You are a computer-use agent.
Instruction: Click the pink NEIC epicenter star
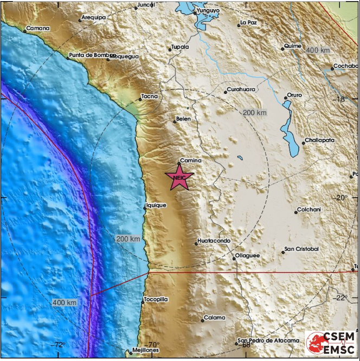pos(179,178)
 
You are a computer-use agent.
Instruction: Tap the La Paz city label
pos(248,23)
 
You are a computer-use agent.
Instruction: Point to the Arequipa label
pos(93,17)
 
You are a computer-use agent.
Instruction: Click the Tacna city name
pos(149,96)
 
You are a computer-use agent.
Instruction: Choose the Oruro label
pos(295,95)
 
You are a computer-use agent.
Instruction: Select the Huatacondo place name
pos(215,240)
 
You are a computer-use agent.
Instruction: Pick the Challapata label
pos(319,140)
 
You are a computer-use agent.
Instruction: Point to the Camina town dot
pos(179,163)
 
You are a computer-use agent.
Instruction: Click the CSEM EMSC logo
pos(330,343)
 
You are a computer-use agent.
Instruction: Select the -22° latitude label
pos(340,297)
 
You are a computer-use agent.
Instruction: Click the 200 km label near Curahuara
pos(254,112)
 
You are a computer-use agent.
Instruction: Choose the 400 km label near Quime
pos(318,50)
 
